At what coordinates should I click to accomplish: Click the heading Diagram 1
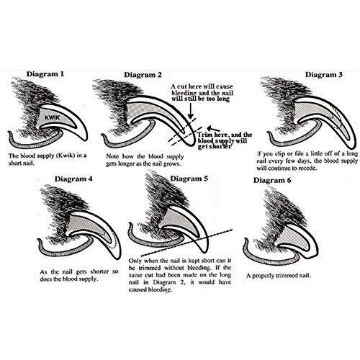[x=45, y=73]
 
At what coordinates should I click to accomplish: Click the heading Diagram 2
[x=143, y=75]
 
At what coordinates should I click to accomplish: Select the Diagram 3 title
[x=324, y=74]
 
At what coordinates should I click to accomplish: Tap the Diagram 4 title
[x=73, y=179]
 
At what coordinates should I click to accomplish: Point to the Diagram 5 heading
[x=189, y=179]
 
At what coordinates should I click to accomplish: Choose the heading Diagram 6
[x=272, y=180]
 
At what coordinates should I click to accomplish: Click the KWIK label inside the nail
[x=52, y=117]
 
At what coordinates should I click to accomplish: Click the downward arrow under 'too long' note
[x=190, y=111]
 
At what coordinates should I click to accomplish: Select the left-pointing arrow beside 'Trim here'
[x=213, y=128]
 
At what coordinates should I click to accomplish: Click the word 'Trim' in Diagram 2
[x=204, y=135]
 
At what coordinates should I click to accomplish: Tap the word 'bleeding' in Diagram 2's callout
[x=184, y=93]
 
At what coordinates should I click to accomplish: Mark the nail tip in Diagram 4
[x=117, y=258]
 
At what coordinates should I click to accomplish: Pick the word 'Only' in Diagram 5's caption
[x=135, y=261]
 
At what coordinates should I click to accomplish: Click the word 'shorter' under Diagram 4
[x=99, y=272]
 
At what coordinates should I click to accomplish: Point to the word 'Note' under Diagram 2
[x=112, y=156]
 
